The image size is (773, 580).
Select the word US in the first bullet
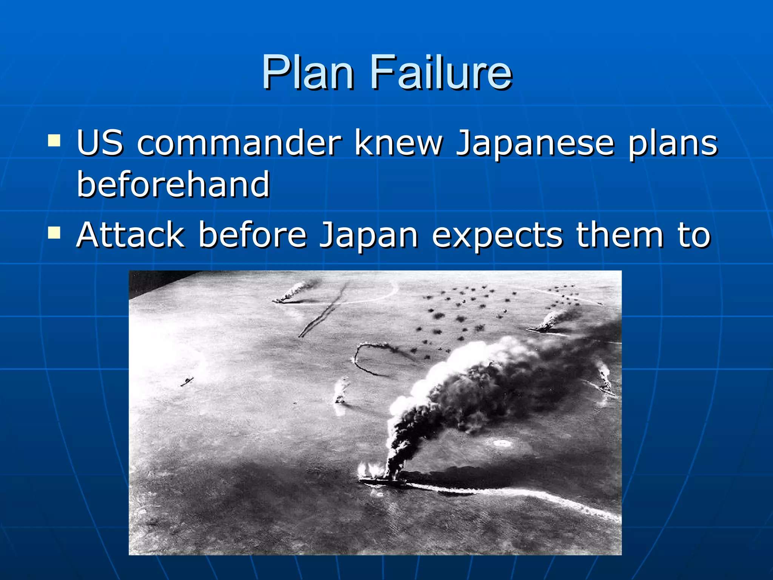(100, 143)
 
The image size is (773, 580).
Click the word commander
(239, 143)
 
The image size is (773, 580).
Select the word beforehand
(173, 184)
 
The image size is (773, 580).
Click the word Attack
(131, 235)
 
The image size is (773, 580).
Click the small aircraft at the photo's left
(187, 381)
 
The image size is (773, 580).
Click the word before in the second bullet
(252, 235)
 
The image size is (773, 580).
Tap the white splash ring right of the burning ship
(502, 443)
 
